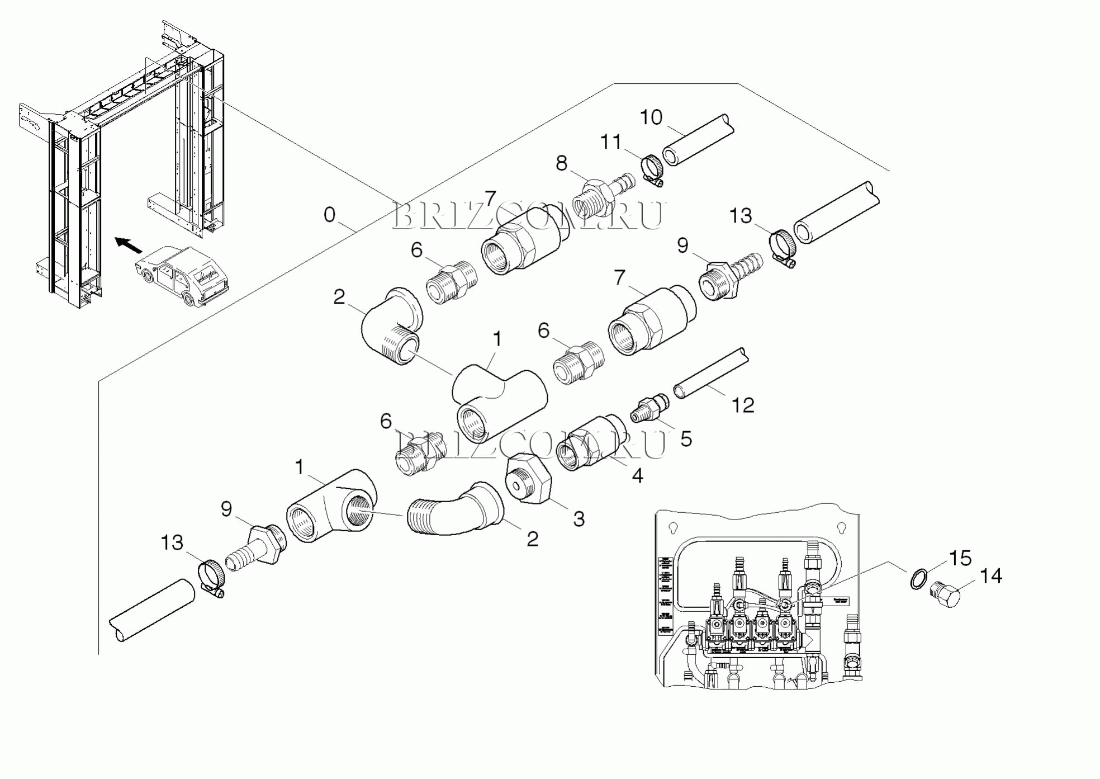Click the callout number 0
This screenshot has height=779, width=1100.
click(x=330, y=215)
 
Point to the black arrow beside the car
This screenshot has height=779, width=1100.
click(x=129, y=244)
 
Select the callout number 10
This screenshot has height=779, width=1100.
click(x=651, y=117)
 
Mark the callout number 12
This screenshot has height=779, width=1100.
click(x=743, y=405)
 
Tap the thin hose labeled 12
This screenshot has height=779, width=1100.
click(x=710, y=372)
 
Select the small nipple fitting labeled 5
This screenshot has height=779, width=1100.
click(x=648, y=408)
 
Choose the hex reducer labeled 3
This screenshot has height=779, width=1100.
click(x=528, y=479)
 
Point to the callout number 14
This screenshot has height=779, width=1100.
click(x=991, y=575)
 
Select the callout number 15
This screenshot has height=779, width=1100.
click(x=960, y=558)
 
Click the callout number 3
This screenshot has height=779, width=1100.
click(x=579, y=518)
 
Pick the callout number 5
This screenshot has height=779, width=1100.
click(x=686, y=439)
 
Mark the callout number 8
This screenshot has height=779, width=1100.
click(x=561, y=163)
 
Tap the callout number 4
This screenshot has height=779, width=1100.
click(x=637, y=475)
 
